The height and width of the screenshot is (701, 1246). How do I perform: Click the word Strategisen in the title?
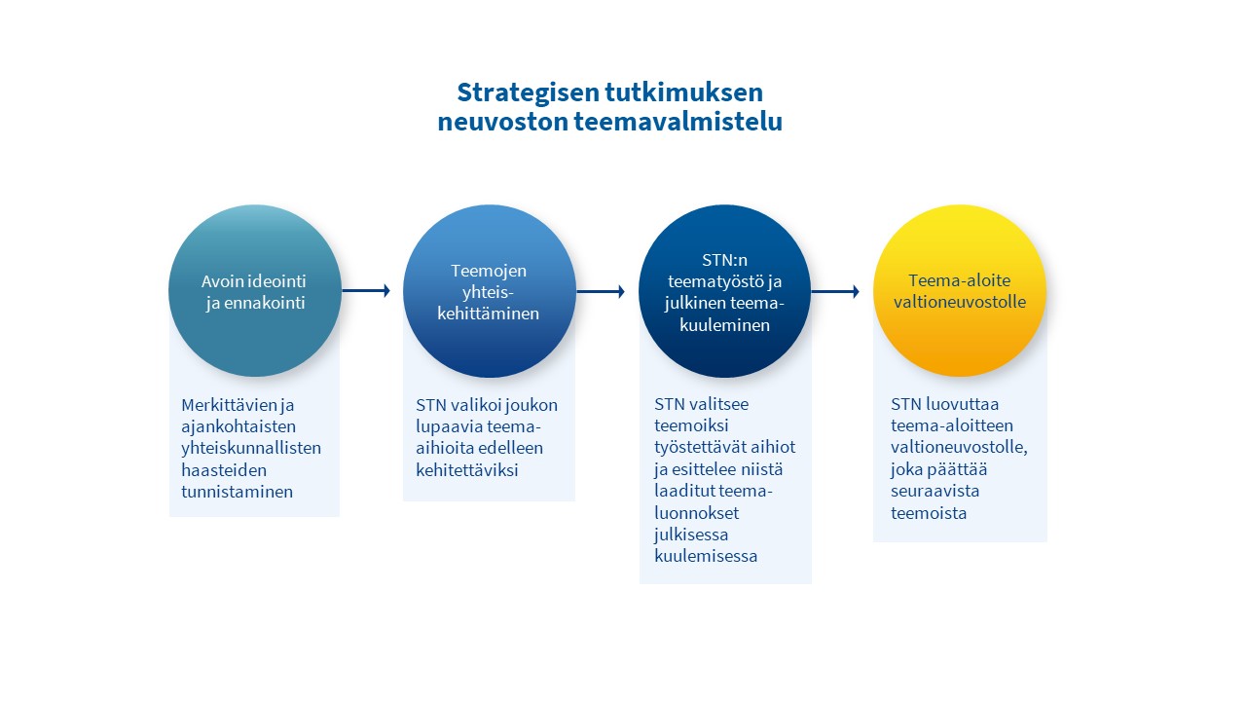tap(528, 92)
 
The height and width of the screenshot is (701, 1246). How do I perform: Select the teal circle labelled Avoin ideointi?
tap(255, 290)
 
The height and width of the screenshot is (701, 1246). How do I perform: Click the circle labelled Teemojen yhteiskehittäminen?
tap(490, 291)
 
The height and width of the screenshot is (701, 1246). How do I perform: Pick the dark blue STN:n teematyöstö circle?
tap(724, 291)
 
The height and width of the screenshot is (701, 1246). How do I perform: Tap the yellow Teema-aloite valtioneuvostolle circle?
tap(960, 290)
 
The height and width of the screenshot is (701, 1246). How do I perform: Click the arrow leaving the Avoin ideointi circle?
tap(366, 290)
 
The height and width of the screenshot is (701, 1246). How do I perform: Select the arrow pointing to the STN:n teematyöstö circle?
tap(601, 291)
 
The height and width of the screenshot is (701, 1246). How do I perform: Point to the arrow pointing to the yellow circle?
tap(835, 291)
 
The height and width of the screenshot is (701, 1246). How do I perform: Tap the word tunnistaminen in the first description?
tap(237, 492)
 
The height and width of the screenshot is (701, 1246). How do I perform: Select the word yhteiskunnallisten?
tap(251, 449)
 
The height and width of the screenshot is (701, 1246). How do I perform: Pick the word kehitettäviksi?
tap(467, 470)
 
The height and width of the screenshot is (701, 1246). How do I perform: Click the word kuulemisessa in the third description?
tap(706, 556)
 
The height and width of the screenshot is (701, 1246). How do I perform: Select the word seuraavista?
tap(935, 491)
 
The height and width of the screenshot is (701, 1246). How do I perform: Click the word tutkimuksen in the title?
tap(684, 92)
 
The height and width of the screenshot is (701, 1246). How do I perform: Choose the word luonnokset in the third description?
tap(696, 513)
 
